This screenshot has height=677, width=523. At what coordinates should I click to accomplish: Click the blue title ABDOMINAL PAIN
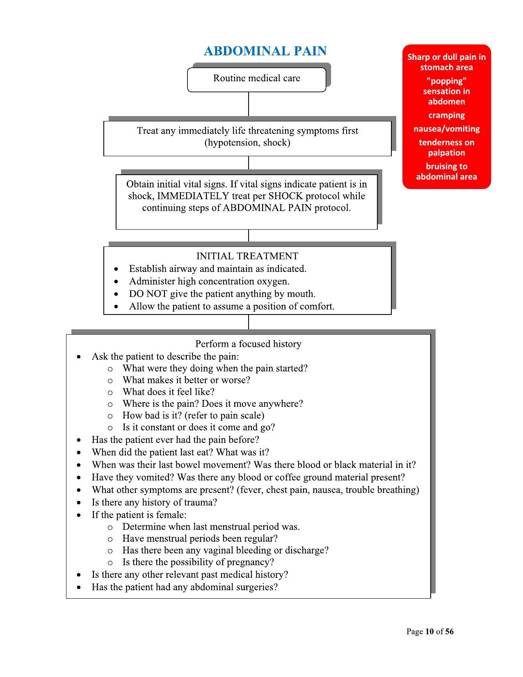(x=265, y=51)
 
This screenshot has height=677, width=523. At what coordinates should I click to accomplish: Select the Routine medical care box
(x=256, y=78)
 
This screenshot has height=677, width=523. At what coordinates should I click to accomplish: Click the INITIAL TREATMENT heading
(x=247, y=256)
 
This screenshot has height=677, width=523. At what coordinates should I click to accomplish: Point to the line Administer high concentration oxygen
(x=209, y=281)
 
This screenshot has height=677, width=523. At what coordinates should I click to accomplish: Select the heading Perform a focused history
(x=248, y=344)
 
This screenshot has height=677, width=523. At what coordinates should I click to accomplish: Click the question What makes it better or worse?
(x=186, y=380)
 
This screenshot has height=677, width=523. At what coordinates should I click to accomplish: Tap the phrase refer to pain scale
(x=224, y=415)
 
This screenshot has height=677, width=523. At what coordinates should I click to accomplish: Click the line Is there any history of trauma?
(x=154, y=502)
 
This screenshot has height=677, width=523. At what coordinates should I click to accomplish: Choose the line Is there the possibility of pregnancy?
(x=198, y=562)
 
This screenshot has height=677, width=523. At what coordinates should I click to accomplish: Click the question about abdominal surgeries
(x=185, y=587)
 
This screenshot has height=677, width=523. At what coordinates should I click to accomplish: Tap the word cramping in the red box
(x=446, y=115)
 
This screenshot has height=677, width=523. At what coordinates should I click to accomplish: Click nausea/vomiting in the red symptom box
(x=446, y=129)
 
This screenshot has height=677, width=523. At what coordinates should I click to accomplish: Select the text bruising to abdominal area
(x=446, y=171)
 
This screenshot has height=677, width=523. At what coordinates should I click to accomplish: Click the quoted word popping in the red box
(x=446, y=81)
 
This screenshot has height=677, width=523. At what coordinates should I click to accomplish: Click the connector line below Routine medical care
(x=249, y=104)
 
